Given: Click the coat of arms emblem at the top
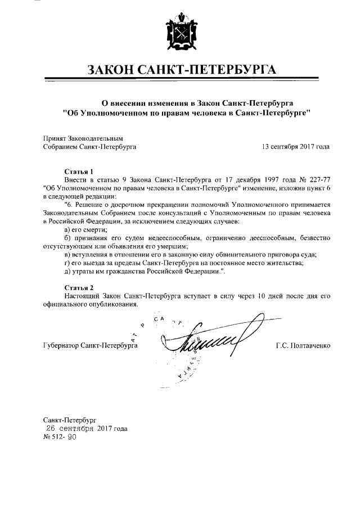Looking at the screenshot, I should [x=179, y=34].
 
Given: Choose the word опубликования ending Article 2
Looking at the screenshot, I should [x=112, y=304].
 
